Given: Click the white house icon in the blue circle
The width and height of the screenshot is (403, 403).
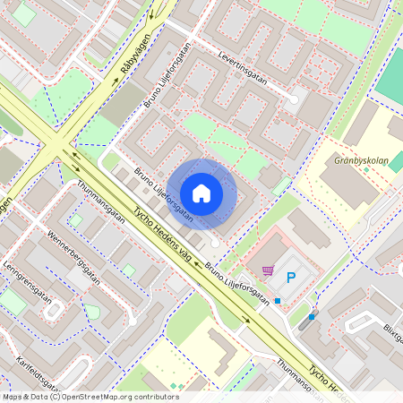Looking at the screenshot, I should pos(201,193).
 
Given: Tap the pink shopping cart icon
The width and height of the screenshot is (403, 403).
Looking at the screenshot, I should pos(267,270).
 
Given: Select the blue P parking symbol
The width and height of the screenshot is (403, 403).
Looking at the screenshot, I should pos(290,278).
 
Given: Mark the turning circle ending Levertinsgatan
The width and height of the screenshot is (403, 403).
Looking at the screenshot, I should pos(293,99).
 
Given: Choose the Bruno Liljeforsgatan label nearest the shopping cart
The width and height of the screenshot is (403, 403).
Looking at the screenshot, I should pos(236,284).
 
